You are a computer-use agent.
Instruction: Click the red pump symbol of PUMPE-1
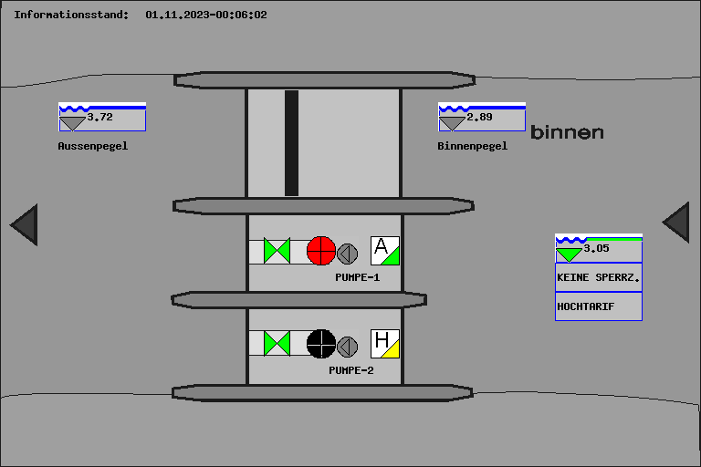point(321,251)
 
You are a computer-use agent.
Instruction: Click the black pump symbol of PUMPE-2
point(321,344)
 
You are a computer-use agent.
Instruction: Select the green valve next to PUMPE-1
point(277,251)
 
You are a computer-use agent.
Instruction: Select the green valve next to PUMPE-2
point(277,344)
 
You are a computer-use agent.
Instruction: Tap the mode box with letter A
point(385,251)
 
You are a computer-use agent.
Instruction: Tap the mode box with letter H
point(385,344)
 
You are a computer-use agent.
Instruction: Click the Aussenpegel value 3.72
point(99,117)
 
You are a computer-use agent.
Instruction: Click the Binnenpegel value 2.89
point(479,117)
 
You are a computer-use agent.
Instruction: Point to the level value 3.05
point(596,248)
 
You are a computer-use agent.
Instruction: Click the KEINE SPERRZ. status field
point(599,277)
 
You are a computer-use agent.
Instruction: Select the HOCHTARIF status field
point(599,306)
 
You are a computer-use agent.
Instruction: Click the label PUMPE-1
point(357,277)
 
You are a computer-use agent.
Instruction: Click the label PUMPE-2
point(350,370)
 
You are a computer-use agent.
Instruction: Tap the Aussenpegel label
point(92,146)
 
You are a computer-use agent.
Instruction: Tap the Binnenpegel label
point(472,146)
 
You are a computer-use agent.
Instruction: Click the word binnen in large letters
point(567,132)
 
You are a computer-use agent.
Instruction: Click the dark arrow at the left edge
point(26,224)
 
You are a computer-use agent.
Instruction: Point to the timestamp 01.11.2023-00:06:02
point(206,15)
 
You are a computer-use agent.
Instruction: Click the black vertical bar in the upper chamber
point(291,143)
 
